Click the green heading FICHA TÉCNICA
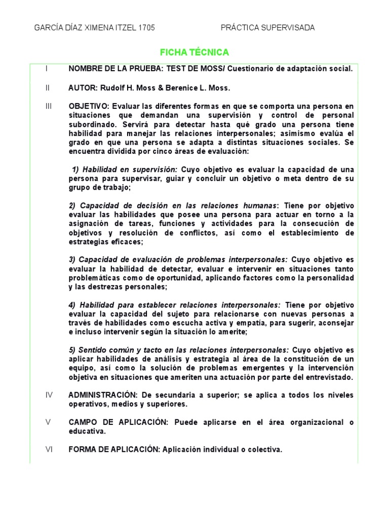(194, 52)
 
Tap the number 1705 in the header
(146, 28)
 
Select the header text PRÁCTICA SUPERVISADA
(267, 28)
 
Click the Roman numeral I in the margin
(46, 68)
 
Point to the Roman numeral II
(47, 88)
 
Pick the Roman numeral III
(48, 106)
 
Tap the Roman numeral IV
(49, 395)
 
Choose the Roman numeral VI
(49, 449)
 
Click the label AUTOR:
(83, 88)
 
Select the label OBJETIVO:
(89, 106)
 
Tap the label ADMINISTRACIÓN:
(103, 395)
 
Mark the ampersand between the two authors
(161, 88)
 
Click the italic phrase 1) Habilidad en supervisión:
(125, 169)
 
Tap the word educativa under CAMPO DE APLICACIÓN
(87, 431)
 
